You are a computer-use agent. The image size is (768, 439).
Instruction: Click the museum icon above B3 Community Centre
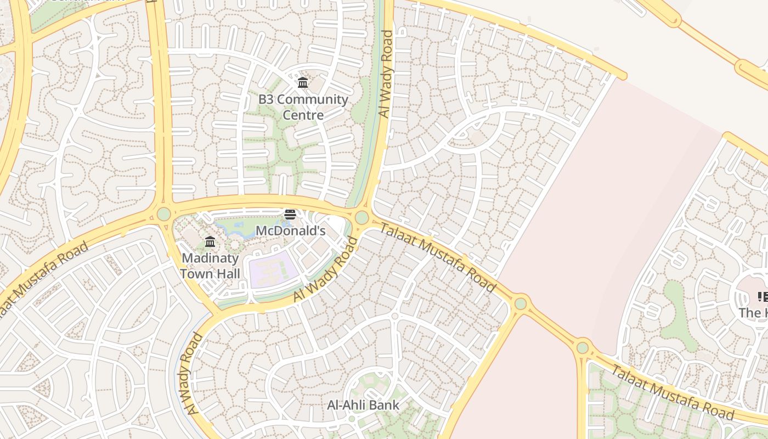point(302,83)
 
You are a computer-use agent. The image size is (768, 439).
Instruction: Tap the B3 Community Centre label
point(303,107)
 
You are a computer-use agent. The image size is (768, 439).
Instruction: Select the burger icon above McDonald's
point(290,215)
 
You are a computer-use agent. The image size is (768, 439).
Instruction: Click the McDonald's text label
point(290,231)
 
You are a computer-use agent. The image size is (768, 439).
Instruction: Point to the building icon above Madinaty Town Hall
point(210,242)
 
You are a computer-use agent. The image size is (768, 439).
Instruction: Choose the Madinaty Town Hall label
point(210,266)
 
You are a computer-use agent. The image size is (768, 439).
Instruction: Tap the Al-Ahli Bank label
point(363,406)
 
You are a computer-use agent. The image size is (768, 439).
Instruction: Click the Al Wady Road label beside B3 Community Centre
point(386,74)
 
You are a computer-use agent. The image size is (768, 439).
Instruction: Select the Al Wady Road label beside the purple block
point(326,269)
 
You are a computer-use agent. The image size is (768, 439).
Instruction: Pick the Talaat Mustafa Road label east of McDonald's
point(437,257)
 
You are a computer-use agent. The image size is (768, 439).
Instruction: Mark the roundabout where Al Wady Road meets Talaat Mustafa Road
point(362,218)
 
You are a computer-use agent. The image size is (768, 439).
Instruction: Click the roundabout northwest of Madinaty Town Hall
point(163,214)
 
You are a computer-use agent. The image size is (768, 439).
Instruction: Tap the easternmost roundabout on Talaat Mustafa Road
point(583,347)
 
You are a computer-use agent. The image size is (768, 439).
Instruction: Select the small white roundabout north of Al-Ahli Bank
point(394,316)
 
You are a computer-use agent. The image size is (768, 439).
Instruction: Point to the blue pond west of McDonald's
point(236,228)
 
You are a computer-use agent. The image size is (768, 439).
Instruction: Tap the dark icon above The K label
point(763,297)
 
